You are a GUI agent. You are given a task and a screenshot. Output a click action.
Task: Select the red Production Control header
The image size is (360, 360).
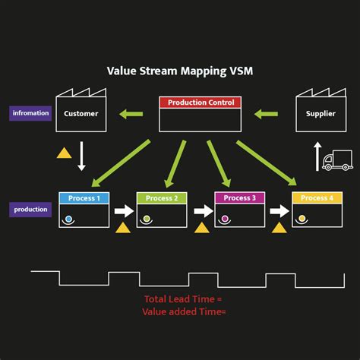pyautogui.click(x=200, y=102)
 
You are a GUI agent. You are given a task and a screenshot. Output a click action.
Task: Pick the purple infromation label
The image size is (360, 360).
pyautogui.click(x=30, y=114)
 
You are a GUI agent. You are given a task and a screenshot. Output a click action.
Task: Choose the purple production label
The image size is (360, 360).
pyautogui.click(x=30, y=210)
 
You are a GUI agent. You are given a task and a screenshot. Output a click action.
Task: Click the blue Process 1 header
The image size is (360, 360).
pyautogui.click(x=84, y=198)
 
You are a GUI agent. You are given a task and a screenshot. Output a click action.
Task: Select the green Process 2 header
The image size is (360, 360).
pyautogui.click(x=161, y=198)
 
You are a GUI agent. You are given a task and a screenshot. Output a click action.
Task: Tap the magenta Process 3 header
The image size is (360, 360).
pyautogui.click(x=239, y=198)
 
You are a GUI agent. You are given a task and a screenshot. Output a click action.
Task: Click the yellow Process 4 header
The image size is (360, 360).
pyautogui.click(x=317, y=198)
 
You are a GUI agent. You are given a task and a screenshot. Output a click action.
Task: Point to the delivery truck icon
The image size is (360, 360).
pyautogui.click(x=337, y=160)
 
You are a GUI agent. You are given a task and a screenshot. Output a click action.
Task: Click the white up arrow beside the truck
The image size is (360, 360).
pyautogui.click(x=317, y=157)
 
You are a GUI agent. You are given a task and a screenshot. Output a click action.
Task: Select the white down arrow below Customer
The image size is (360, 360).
pyautogui.click(x=82, y=156)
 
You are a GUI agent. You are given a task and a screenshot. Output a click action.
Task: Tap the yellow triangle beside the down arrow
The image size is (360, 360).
pyautogui.click(x=65, y=153)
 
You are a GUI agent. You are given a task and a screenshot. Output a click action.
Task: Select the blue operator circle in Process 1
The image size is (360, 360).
pyautogui.click(x=68, y=219)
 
